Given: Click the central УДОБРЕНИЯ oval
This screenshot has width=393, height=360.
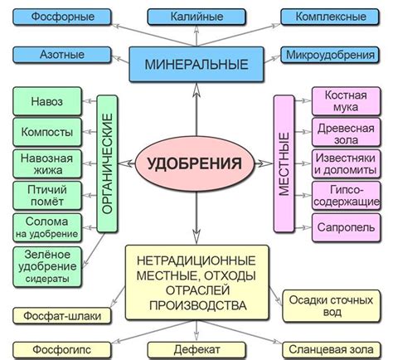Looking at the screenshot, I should click(196, 161).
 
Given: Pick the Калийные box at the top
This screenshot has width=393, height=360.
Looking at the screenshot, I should click(196, 17).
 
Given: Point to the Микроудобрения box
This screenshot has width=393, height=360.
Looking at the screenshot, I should click(332, 56).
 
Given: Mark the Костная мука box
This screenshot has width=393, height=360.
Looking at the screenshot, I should click(341, 104).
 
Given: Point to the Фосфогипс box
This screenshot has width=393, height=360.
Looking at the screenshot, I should click(52, 348).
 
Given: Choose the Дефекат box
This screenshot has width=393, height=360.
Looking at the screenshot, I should click(196, 348).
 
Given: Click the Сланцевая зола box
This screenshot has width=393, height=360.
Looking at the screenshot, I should click(331, 348).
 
